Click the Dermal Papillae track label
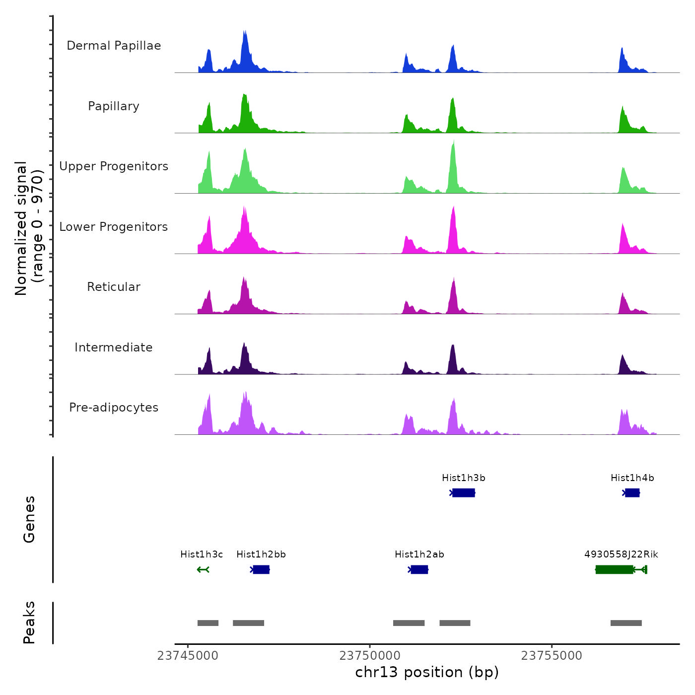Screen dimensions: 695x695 (x=114, y=46)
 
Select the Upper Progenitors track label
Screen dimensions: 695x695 (x=114, y=166)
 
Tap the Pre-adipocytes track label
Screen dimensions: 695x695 (x=114, y=408)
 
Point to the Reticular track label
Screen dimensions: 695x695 (x=114, y=287)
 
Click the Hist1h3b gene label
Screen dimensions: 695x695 (x=463, y=478)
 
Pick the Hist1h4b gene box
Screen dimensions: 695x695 (x=632, y=492)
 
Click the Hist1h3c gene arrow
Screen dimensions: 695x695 (x=203, y=569)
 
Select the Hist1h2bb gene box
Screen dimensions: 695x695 (x=261, y=569)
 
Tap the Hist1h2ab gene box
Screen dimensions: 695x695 (x=419, y=569)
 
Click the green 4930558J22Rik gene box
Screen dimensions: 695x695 (x=614, y=569)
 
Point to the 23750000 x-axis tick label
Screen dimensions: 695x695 (x=370, y=656)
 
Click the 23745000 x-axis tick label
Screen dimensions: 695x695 (x=188, y=656)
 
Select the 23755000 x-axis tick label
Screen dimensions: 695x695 (x=552, y=656)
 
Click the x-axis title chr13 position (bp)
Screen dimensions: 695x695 (x=427, y=672)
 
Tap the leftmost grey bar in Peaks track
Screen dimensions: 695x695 (x=208, y=623)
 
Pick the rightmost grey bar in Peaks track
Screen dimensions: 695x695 (x=626, y=623)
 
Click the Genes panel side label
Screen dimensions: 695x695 (x=29, y=519)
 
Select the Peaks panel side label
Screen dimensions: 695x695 (x=29, y=623)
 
